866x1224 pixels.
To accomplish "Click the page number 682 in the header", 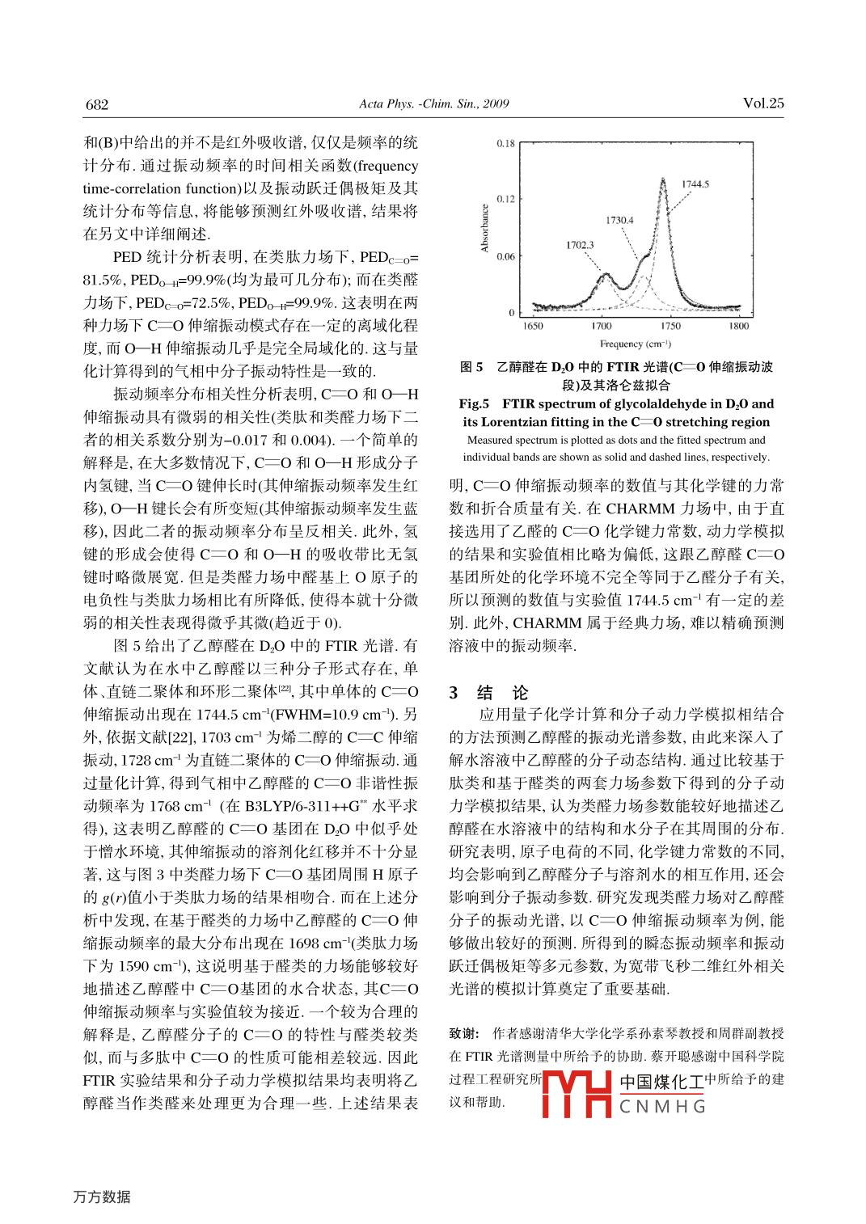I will point(97,104).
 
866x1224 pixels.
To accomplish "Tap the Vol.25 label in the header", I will point(763,103).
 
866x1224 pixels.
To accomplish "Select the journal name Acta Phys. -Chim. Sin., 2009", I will point(433,103).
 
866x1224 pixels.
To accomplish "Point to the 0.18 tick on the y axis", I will point(505,144).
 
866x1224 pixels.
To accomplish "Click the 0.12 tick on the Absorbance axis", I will point(505,199).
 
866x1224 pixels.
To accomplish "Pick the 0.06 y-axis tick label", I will point(505,257).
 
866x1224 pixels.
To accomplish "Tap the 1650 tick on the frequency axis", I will point(533,327).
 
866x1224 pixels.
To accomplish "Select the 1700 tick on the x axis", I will point(601,327).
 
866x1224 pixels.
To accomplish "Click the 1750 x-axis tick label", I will point(670,327).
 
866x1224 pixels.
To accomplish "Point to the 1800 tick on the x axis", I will point(738,327).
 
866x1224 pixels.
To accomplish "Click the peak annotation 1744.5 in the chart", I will point(695,184).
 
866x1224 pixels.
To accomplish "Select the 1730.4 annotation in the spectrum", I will point(619,220).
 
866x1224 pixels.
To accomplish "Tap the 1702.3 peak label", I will point(579,245).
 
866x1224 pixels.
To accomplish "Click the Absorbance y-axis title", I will point(485,228).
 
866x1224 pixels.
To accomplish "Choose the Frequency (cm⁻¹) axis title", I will point(635,344).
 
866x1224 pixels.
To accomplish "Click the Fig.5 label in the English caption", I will point(474,403).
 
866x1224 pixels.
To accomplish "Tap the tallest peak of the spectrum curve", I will point(663,179).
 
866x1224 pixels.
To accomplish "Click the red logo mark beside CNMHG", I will point(576,1094).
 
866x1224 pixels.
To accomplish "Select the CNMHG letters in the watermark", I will point(662,1107).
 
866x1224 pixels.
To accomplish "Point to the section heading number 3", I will point(454,693).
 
